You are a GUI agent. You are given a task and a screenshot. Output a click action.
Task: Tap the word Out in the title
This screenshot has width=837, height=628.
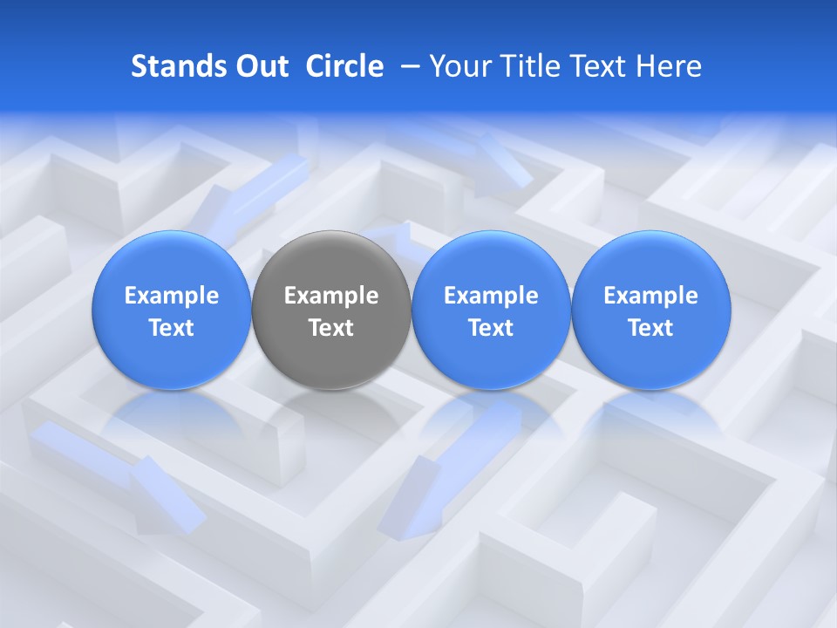coord(261,66)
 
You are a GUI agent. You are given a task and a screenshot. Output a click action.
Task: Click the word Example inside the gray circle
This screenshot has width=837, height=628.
coord(331,296)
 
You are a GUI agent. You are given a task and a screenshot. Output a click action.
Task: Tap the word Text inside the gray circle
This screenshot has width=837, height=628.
coord(331,328)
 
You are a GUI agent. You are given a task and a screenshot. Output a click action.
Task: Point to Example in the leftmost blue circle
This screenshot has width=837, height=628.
coord(172,296)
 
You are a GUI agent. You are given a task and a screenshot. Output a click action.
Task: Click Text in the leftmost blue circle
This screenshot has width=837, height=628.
coord(172,328)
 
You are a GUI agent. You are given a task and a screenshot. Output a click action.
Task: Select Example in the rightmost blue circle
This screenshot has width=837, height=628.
coord(650,296)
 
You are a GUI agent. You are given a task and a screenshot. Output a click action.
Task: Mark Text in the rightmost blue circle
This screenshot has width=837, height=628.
coord(650,328)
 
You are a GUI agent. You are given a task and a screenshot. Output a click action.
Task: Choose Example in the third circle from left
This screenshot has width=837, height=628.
coord(491,296)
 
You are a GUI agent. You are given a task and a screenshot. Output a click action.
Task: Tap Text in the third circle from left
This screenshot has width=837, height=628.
coord(491,328)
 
